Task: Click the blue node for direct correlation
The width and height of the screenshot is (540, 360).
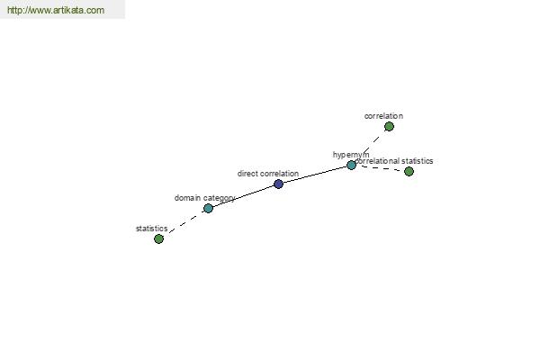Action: pos(279,184)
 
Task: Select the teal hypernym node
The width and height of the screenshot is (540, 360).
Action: pos(351,166)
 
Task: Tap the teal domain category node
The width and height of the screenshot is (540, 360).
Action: pos(209,209)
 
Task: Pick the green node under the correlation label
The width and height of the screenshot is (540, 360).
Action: pos(389,127)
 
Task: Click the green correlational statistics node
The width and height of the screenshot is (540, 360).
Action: pos(409,172)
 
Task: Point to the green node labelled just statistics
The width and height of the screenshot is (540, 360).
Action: pos(158,238)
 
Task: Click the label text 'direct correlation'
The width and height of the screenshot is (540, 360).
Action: pos(268,174)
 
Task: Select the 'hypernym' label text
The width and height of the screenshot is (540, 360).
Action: pos(351,155)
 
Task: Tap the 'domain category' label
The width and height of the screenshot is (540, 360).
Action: pos(205,198)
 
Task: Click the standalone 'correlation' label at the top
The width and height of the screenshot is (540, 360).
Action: pos(383,116)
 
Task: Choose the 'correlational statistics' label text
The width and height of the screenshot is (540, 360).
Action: pos(394,161)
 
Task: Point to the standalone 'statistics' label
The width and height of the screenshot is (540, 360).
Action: pos(152,229)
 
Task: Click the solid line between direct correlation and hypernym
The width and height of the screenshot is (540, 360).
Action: pos(315,175)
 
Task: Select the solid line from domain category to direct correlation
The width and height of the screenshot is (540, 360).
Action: pos(244,195)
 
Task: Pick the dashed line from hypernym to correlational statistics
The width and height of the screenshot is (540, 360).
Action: pos(380,168)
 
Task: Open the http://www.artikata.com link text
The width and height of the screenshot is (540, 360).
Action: pos(56,10)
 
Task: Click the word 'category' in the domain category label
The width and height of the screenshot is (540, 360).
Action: pos(219,199)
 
